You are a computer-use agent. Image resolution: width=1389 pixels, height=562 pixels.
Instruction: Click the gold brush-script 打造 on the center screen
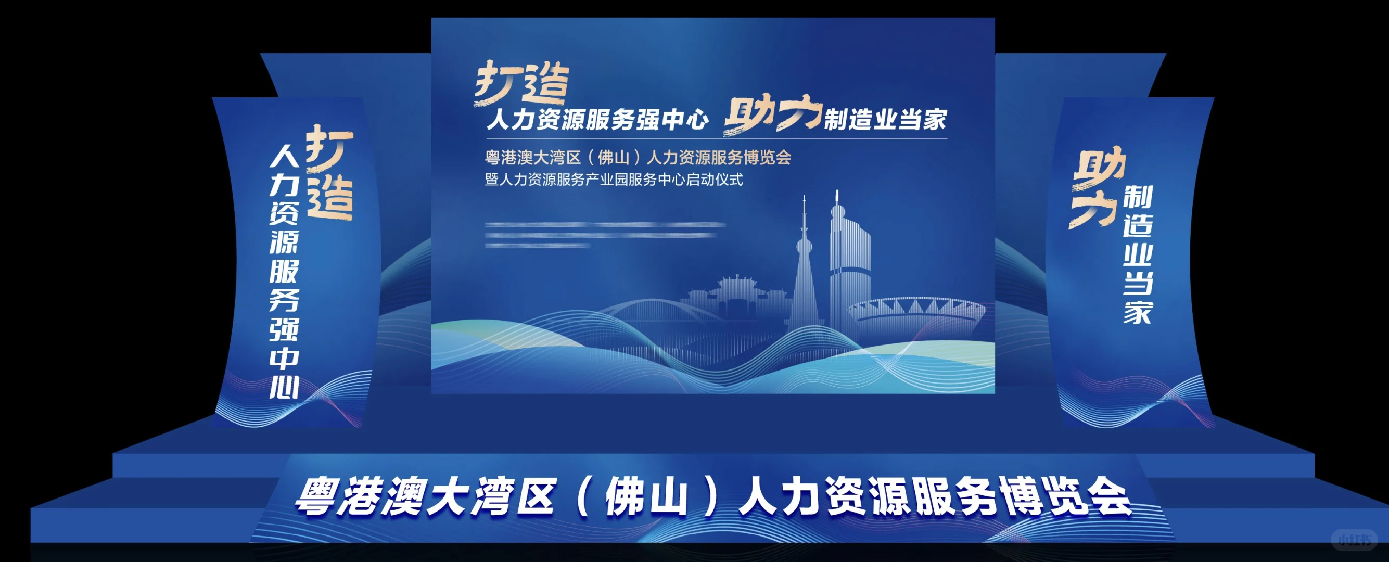(x=522, y=84)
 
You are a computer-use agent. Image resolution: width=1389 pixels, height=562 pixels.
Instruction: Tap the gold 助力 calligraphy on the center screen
(x=772, y=115)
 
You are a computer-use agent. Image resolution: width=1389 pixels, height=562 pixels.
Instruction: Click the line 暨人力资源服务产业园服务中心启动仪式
(x=614, y=180)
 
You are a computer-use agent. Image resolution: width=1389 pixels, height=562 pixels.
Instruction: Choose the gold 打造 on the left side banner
(x=329, y=173)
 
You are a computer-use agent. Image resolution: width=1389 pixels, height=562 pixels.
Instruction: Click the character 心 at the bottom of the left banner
(x=284, y=387)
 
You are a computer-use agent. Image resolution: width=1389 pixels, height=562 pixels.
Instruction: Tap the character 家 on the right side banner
(x=1137, y=312)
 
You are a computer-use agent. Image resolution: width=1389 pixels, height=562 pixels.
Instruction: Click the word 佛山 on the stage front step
(x=646, y=497)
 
